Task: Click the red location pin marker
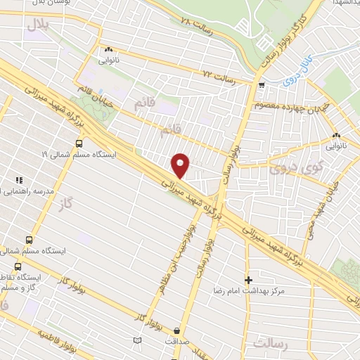[181, 165]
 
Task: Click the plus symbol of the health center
[247, 279]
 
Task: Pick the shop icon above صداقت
[176, 330]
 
